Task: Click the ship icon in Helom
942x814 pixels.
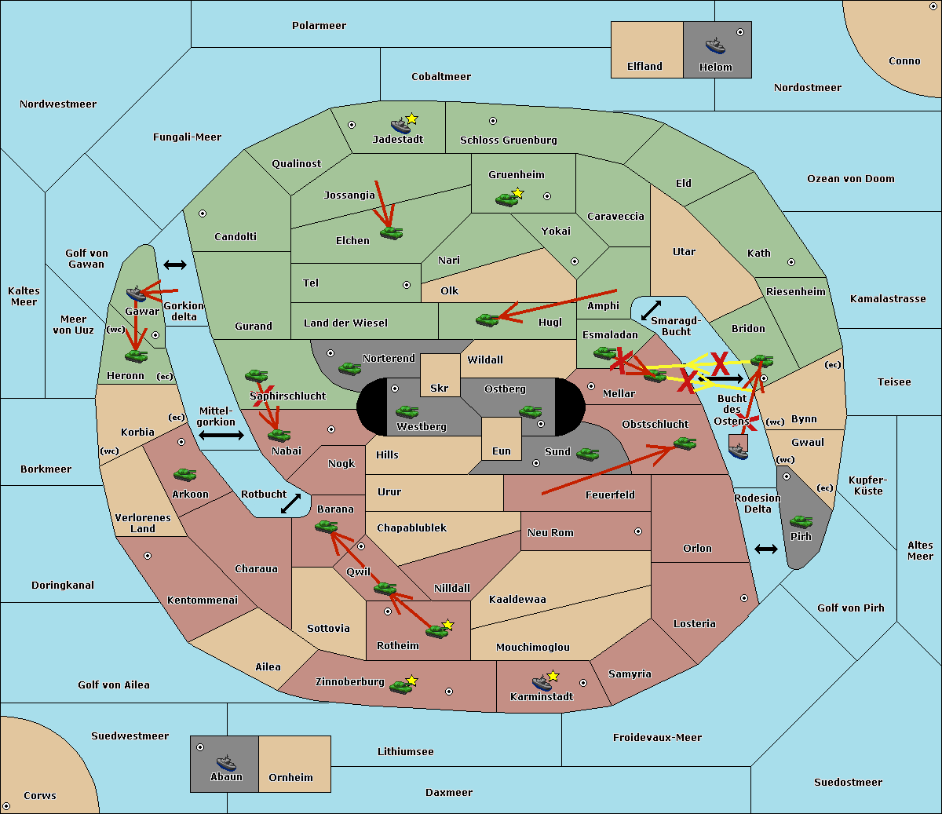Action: [715, 46]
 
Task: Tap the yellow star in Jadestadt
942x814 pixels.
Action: [411, 119]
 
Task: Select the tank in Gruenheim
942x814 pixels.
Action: [507, 199]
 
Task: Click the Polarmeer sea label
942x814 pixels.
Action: [319, 26]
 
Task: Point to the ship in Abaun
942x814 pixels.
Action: [226, 762]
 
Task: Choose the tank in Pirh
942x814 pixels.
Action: [801, 521]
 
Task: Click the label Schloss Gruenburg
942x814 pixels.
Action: [509, 140]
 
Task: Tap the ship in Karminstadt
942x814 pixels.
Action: [542, 683]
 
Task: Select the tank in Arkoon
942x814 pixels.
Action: [185, 475]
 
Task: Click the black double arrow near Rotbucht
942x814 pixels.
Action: [290, 504]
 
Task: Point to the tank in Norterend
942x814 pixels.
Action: [349, 369]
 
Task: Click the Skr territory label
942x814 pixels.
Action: [440, 388]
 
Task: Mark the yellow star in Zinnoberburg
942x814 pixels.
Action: [411, 681]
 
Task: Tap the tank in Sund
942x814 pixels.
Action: [587, 454]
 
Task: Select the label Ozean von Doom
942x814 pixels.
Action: [851, 179]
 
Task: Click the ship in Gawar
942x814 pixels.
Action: [136, 294]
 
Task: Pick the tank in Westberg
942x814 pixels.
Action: [407, 412]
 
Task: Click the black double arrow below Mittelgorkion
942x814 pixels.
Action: [221, 436]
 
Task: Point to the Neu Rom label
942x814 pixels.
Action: [550, 532]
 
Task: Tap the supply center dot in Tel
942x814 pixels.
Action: [407, 285]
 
